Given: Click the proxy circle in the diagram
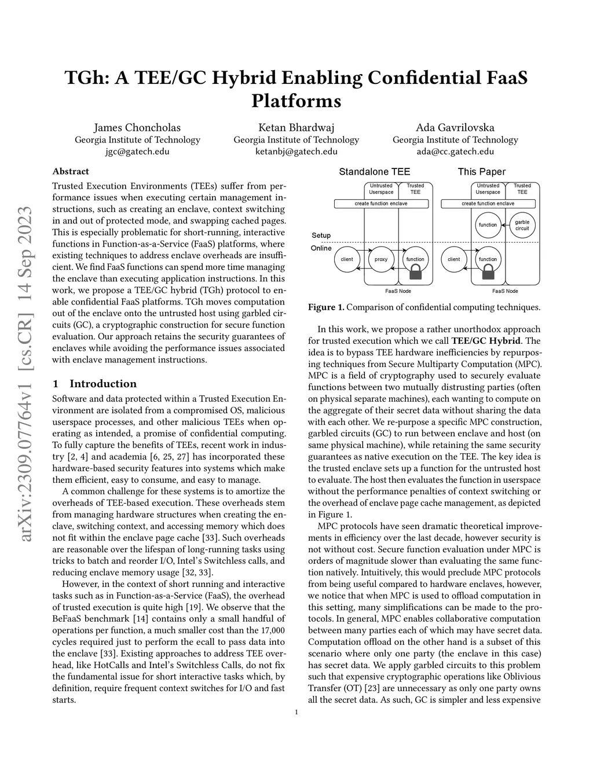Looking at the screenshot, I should coord(381,259).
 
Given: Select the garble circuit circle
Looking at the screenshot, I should coord(522,225).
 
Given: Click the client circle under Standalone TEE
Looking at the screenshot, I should coord(347,259).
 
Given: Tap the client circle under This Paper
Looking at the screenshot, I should coord(453,259).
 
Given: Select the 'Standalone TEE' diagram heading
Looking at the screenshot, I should coord(374,172).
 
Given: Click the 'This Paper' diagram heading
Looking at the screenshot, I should coord(481,172).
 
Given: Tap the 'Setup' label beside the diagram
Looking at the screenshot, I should coord(321,236).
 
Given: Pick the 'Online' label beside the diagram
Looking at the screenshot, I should coord(321,248).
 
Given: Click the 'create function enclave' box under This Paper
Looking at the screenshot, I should coord(488,204).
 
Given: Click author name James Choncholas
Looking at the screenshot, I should coord(137,127).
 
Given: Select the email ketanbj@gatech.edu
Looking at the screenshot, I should coord(296,152).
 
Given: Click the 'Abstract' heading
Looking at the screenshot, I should coord(71,171).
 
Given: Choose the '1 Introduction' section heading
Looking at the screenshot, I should coord(94,384).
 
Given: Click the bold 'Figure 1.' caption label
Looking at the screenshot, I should coord(326,307).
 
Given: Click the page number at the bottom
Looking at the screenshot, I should coord(296,713).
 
